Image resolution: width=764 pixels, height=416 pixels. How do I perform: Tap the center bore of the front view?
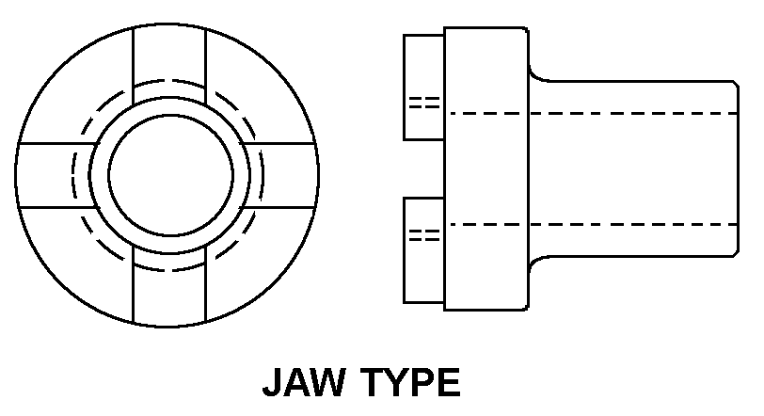tap(170, 175)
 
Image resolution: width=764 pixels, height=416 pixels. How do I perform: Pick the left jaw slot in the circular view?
tap(51, 175)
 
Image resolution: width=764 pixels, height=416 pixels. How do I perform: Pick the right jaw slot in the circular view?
tap(288, 175)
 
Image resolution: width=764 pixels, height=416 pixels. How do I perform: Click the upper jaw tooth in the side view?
tap(423, 88)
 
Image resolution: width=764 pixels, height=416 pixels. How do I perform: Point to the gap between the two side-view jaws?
tap(423, 169)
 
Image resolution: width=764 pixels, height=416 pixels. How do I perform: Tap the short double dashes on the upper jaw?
tap(425, 103)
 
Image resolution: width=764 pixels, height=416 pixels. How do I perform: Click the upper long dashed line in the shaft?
tap(593, 112)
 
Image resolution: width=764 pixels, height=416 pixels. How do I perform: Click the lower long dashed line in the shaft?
tap(593, 224)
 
